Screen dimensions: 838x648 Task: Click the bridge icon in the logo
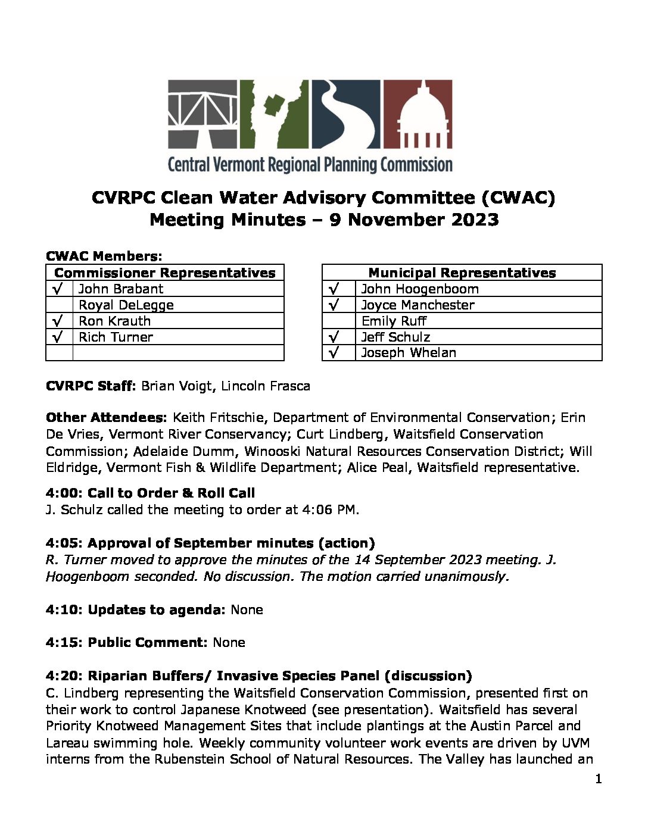(202, 114)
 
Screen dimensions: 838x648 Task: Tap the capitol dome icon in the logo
(416, 114)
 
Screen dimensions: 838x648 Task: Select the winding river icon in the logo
(345, 114)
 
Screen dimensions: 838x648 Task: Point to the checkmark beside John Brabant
(58, 289)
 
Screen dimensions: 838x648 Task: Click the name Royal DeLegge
(126, 305)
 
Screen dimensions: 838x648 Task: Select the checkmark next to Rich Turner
(58, 337)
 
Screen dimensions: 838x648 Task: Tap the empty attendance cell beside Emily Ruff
(339, 321)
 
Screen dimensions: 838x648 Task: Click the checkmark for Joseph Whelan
(334, 352)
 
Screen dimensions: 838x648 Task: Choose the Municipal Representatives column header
(462, 273)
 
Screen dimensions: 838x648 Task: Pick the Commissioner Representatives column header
(164, 273)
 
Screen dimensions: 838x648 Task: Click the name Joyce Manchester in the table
(418, 305)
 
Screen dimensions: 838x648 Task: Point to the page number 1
(598, 779)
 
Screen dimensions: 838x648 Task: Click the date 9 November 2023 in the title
(414, 220)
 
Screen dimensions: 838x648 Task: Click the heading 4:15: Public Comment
(126, 642)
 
